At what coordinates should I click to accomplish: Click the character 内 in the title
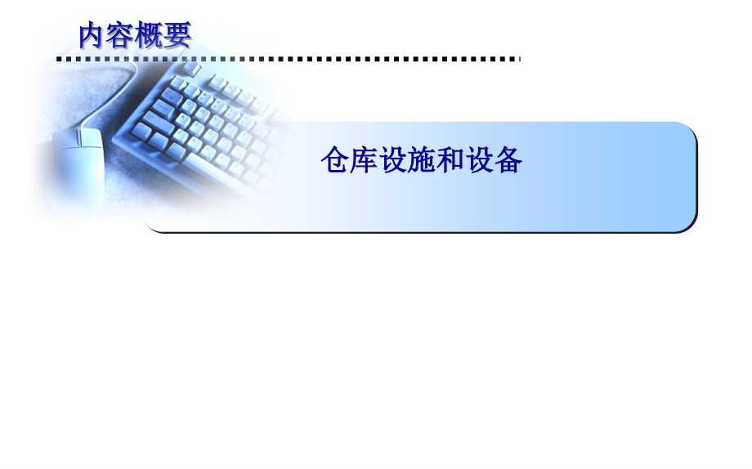[x=93, y=35]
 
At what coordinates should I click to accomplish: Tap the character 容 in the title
[x=121, y=35]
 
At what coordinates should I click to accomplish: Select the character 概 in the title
[x=149, y=35]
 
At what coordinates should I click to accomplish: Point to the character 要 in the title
[x=177, y=35]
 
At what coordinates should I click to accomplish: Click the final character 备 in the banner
[x=509, y=160]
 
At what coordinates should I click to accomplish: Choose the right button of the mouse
[x=92, y=137]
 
